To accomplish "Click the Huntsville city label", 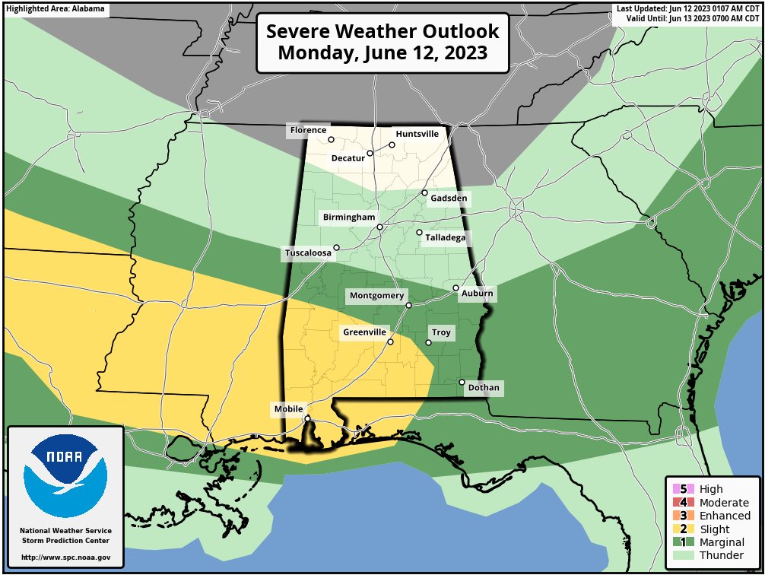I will click(417, 134).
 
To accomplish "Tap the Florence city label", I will click(308, 131).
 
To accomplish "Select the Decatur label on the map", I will click(348, 158).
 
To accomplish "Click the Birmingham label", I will click(349, 218).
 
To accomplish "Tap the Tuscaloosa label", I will click(308, 253).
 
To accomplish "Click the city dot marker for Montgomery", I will click(408, 305).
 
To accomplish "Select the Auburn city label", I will click(477, 294).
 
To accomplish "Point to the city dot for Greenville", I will click(390, 342).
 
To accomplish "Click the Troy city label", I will click(441, 333).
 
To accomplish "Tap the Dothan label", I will click(484, 388).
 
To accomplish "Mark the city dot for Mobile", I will click(307, 418).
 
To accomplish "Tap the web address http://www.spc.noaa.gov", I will click(65, 558).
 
